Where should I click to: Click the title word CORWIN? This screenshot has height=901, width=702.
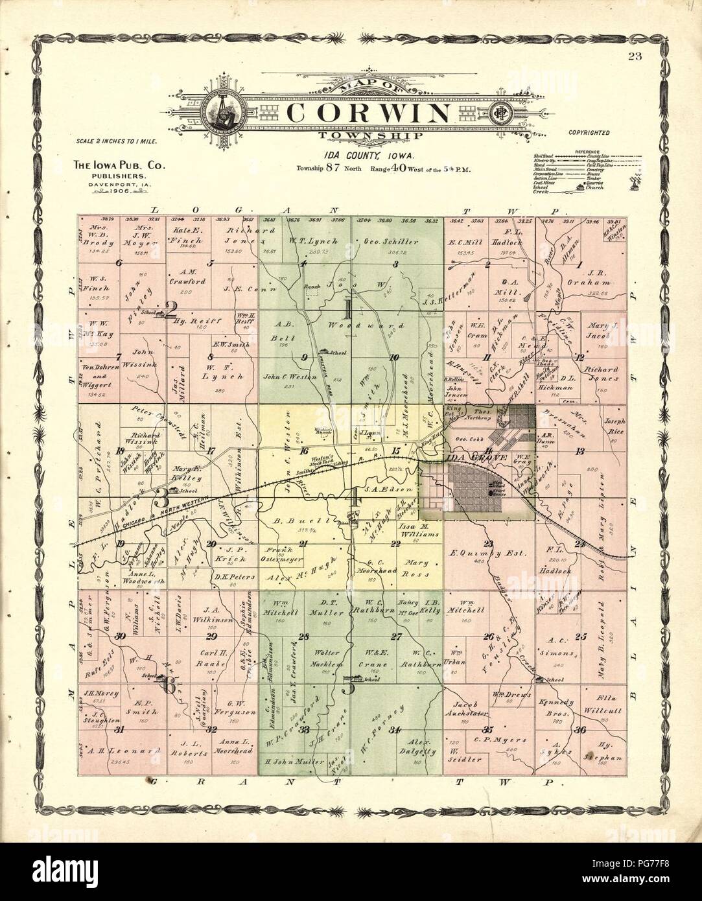click(368, 113)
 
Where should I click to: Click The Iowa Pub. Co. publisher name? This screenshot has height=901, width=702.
click(117, 166)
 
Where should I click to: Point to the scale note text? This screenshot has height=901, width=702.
click(117, 140)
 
